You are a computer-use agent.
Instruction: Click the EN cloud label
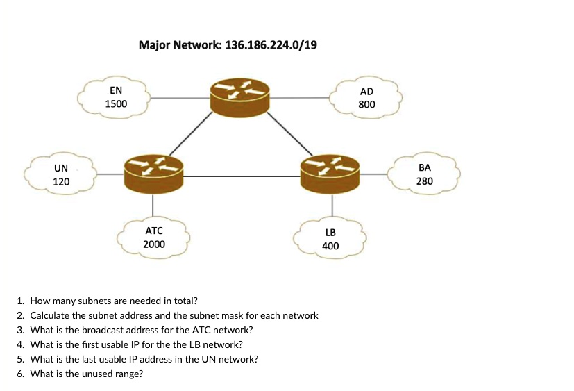(116, 90)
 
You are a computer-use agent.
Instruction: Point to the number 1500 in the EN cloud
(116, 104)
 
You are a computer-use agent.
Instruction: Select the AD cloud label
(366, 91)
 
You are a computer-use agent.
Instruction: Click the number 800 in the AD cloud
(366, 105)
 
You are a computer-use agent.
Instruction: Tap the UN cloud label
(61, 168)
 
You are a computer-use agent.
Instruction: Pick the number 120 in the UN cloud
(61, 182)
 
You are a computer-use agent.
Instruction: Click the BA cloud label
(425, 167)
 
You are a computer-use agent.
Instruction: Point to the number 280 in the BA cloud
(425, 181)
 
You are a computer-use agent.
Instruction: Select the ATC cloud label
(153, 231)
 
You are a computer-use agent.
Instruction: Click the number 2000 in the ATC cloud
(153, 244)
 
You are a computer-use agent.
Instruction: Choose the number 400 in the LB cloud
(330, 246)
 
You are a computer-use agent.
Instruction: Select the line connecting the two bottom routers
(242, 176)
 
